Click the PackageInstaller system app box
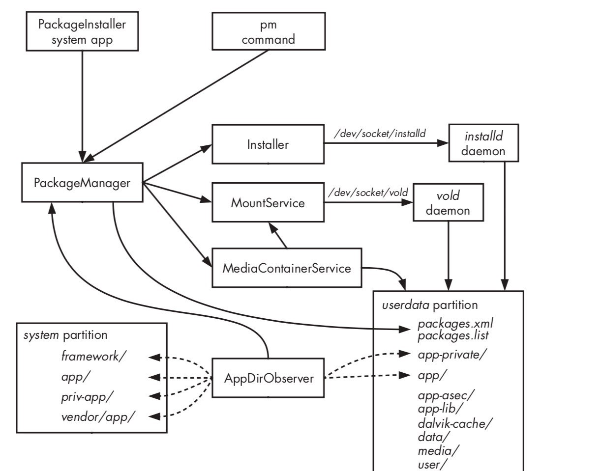[82, 31]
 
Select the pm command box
[269, 31]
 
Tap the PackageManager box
[82, 183]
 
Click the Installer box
[268, 144]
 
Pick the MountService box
[268, 202]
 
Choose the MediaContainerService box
[287, 268]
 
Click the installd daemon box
[483, 143]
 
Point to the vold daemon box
[449, 202]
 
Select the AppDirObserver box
[268, 378]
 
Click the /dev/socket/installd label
[380, 134]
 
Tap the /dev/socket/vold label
[368, 193]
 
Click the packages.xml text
[455, 324]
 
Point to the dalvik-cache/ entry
[455, 424]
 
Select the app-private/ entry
[452, 355]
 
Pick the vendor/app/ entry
[98, 417]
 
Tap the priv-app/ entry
[88, 397]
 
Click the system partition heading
[65, 335]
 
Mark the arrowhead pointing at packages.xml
[405, 329]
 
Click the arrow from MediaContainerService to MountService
[278, 235]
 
